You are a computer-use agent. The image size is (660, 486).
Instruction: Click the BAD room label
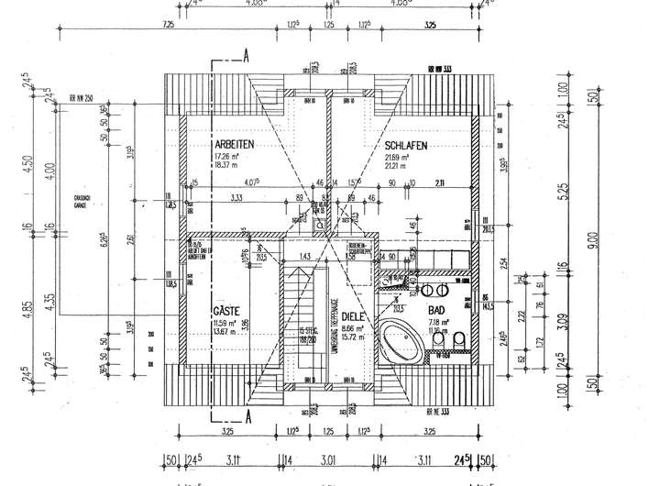click(437, 311)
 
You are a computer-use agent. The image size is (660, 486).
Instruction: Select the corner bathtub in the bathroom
click(401, 340)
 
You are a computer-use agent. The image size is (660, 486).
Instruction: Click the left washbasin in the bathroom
click(426, 290)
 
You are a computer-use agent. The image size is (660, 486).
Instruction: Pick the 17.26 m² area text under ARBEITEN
click(228, 156)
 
